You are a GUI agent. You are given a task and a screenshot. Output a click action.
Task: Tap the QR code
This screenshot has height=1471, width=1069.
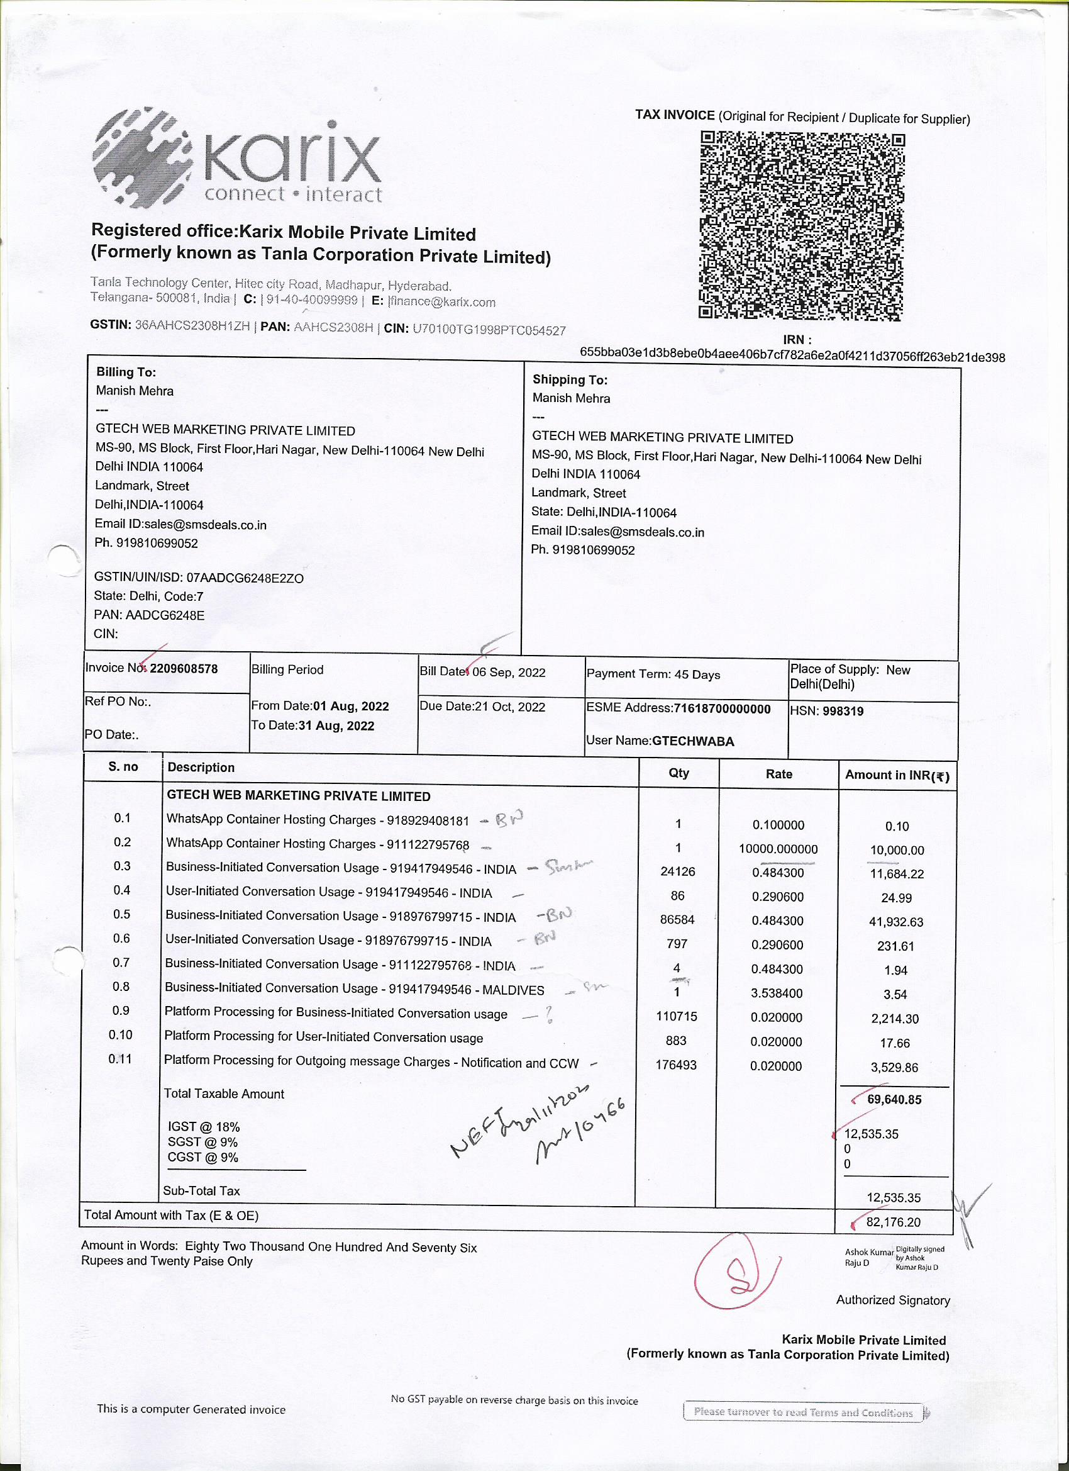(801, 225)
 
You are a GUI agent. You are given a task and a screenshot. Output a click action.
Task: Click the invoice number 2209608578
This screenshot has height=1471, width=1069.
(184, 669)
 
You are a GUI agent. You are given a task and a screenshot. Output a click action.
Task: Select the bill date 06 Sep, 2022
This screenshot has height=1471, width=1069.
(509, 672)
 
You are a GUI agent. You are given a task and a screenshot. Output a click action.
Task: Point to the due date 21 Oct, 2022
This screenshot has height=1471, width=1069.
(509, 707)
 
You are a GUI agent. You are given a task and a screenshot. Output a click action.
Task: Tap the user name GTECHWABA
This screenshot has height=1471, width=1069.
(693, 741)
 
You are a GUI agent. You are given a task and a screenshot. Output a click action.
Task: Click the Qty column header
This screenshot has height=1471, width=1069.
(679, 773)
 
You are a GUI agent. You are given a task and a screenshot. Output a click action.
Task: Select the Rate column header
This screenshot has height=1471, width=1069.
(778, 774)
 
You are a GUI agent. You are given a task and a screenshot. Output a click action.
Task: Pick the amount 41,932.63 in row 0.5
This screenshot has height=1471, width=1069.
(896, 922)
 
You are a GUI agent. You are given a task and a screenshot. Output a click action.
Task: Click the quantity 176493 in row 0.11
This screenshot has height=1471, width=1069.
(675, 1065)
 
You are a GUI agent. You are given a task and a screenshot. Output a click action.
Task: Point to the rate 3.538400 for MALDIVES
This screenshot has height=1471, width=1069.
(777, 993)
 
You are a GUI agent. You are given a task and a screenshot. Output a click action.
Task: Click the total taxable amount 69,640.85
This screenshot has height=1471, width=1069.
(894, 1099)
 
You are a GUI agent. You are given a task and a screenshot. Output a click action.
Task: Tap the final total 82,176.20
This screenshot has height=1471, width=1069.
(893, 1222)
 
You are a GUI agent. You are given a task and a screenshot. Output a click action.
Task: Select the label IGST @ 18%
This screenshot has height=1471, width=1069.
(204, 1127)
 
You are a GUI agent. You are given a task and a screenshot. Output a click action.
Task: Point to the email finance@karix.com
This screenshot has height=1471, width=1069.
(442, 301)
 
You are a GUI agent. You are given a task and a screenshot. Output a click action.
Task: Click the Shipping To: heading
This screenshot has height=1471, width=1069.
(570, 379)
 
